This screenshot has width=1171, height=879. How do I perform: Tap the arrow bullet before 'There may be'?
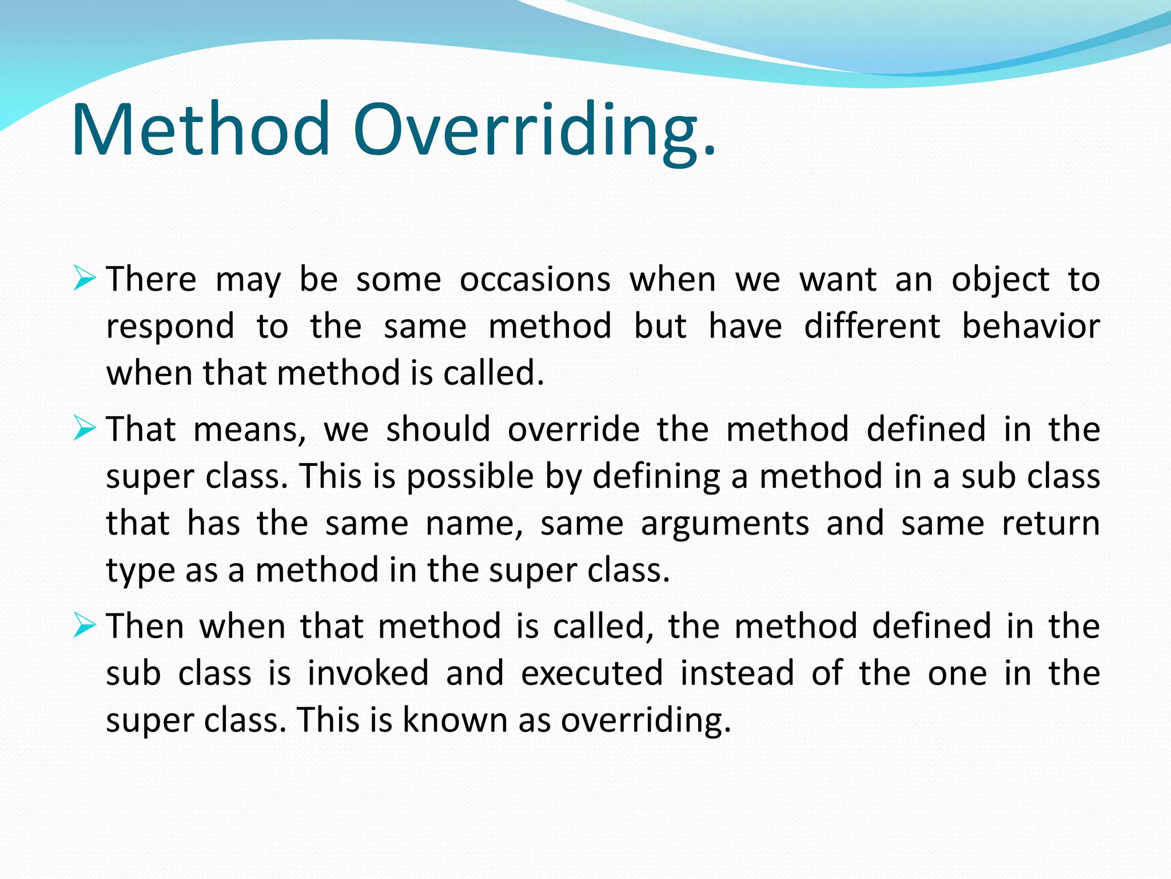(x=85, y=279)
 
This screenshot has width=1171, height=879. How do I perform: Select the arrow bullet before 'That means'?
(x=85, y=429)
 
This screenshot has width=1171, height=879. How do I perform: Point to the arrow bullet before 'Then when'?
(x=85, y=625)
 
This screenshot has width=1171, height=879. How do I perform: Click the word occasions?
(x=535, y=280)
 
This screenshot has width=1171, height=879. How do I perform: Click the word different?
(x=872, y=326)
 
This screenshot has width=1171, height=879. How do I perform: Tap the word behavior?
(x=1031, y=326)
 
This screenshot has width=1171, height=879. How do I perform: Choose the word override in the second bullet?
(x=573, y=429)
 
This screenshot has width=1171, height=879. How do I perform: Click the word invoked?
(x=368, y=674)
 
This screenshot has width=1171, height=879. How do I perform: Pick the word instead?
(x=738, y=674)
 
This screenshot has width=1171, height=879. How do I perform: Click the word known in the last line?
(x=455, y=720)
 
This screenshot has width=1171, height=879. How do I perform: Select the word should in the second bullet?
(x=438, y=429)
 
